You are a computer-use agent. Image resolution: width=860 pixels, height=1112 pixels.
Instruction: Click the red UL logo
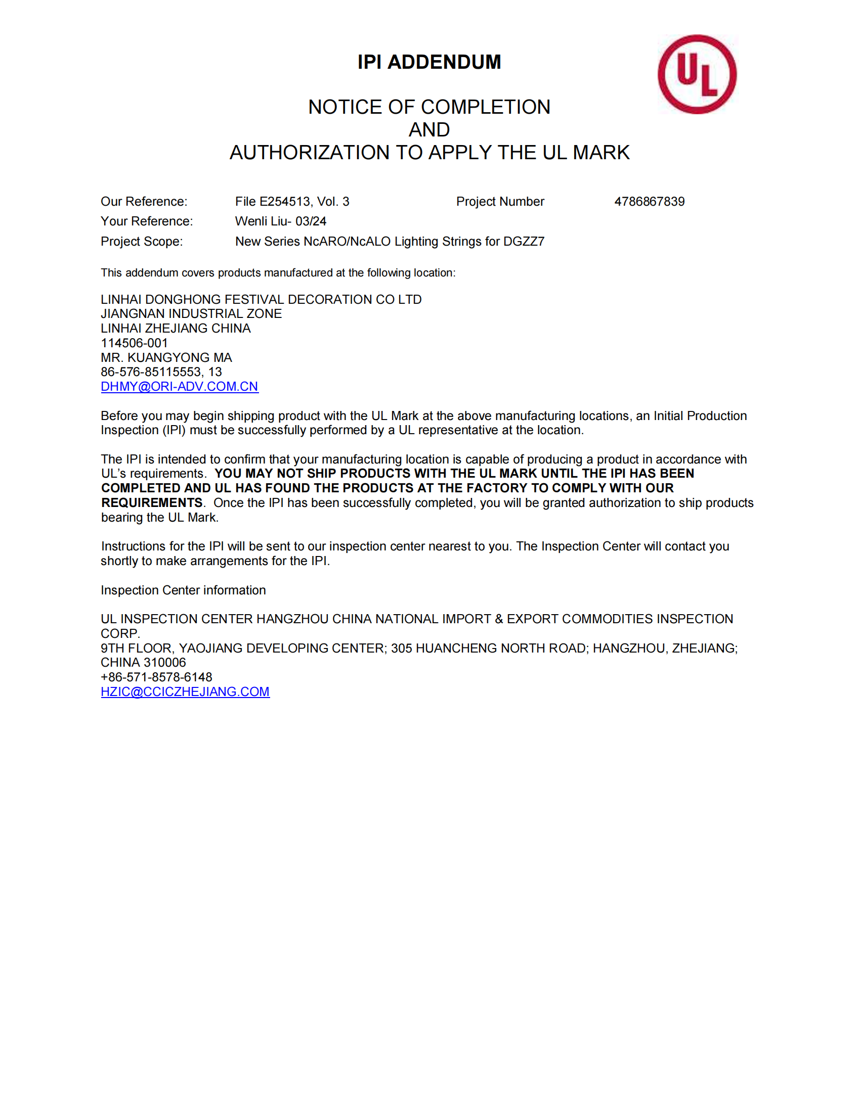[x=697, y=74]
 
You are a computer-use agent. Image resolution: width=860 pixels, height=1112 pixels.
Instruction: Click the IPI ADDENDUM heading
[x=429, y=62]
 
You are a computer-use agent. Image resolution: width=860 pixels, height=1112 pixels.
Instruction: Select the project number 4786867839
[x=649, y=202]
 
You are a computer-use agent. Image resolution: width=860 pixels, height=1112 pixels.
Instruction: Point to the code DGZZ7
[x=524, y=241]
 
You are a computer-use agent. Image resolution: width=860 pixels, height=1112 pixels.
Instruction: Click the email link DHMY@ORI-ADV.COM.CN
[x=180, y=387]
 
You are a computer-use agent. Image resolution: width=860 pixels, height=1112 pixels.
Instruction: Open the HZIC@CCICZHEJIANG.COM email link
[x=185, y=691]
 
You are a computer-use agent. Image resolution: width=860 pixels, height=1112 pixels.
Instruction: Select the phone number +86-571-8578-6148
[x=156, y=677]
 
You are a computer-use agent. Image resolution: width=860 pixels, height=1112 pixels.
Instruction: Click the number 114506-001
[x=134, y=343]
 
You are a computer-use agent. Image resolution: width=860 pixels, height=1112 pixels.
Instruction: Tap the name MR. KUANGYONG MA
[x=166, y=357]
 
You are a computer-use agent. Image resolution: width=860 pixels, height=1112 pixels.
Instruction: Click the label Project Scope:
[x=142, y=241]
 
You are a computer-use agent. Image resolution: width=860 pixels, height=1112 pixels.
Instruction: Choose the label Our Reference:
[x=144, y=202]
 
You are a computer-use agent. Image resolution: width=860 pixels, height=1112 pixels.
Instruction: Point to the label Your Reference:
[x=147, y=221]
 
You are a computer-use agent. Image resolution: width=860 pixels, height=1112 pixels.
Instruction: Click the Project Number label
[x=500, y=202]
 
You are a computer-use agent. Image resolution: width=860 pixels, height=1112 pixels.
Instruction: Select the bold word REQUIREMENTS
[x=152, y=503]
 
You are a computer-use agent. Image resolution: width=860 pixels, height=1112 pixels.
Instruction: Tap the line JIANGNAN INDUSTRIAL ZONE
[x=191, y=314]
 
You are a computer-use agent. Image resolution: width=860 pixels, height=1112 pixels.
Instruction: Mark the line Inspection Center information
[x=183, y=590]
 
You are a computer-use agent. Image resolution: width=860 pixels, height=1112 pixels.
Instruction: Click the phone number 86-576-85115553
[x=151, y=372]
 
